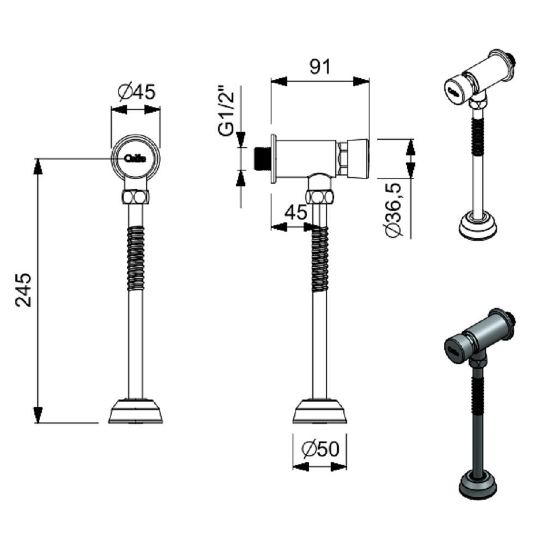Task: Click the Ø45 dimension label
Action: (x=136, y=92)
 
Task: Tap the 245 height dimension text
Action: (x=25, y=289)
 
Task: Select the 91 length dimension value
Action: (x=320, y=66)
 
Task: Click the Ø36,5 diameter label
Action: (x=393, y=210)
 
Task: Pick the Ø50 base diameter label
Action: (x=320, y=449)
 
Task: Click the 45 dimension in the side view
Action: (x=296, y=213)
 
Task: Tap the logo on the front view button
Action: (x=136, y=159)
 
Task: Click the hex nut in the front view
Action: (x=136, y=196)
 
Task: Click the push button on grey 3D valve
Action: (x=454, y=350)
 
